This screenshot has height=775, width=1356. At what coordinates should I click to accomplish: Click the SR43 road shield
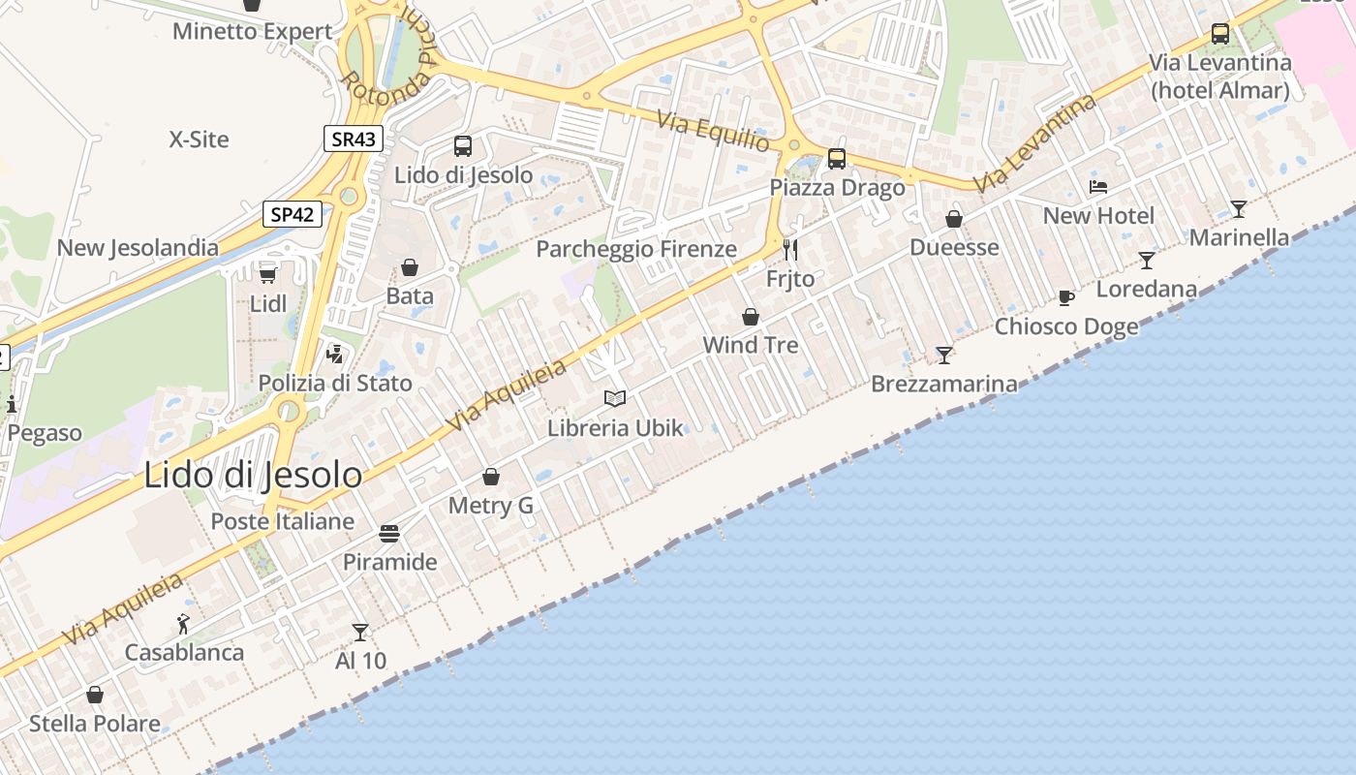[x=353, y=139]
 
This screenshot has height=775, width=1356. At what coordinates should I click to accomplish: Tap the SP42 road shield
[x=292, y=214]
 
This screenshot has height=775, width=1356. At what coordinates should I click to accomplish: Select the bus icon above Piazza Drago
[x=837, y=159]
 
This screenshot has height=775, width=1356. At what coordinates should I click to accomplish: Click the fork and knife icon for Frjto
[x=790, y=250]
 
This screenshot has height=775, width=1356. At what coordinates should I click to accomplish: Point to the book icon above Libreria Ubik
[x=615, y=398]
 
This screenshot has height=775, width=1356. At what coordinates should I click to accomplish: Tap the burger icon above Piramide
[x=389, y=534]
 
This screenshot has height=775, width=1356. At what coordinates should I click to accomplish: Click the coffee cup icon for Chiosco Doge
[x=1066, y=297]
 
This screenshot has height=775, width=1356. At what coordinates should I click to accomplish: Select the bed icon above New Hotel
[x=1098, y=187]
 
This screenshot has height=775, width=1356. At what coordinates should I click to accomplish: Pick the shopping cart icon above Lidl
[x=267, y=275]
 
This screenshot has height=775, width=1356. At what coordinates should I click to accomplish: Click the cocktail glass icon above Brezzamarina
[x=944, y=355]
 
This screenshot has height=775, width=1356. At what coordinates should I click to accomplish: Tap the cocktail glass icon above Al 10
[x=360, y=633]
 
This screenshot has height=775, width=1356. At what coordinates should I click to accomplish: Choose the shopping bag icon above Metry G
[x=491, y=477]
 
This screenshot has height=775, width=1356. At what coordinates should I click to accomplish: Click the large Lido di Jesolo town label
[x=253, y=475]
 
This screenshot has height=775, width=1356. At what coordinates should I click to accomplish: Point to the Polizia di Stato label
[x=335, y=383]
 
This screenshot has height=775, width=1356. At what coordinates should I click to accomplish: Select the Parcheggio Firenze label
[x=636, y=249]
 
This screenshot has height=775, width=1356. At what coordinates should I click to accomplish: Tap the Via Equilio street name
[x=715, y=132]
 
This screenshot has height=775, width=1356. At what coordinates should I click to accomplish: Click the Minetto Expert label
[x=253, y=31]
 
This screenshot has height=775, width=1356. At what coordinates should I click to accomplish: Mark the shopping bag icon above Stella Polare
[x=95, y=695]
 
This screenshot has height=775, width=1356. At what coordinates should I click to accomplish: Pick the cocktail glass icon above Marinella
[x=1238, y=208]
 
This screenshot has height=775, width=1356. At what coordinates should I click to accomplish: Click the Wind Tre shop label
[x=751, y=345]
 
